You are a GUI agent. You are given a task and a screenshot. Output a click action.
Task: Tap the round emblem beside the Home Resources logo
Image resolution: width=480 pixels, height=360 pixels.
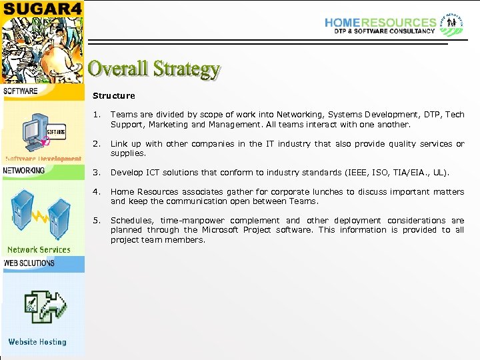451,23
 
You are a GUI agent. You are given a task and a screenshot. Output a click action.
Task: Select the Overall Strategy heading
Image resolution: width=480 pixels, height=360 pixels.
154,69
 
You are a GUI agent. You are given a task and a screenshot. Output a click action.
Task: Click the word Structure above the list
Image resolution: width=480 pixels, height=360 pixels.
113,96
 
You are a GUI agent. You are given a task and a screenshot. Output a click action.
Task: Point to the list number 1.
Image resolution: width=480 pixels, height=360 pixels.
97,115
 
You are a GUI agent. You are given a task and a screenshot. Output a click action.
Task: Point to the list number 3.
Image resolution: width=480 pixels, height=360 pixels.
97,173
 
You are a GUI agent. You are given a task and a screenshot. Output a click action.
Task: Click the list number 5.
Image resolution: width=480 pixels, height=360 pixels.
97,221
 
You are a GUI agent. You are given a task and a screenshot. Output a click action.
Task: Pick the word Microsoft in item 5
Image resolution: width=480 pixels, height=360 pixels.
223,230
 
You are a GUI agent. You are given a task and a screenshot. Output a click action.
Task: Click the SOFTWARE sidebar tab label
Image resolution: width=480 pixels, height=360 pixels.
21,91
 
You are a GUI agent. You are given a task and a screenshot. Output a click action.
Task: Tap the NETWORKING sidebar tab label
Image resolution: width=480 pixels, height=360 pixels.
24,171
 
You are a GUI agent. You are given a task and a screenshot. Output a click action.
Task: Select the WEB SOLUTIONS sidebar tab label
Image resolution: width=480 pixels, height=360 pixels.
29,263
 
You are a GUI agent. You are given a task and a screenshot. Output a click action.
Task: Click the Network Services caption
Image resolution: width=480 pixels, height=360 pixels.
39,250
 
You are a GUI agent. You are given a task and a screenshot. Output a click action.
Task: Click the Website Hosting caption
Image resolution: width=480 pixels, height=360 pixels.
37,342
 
